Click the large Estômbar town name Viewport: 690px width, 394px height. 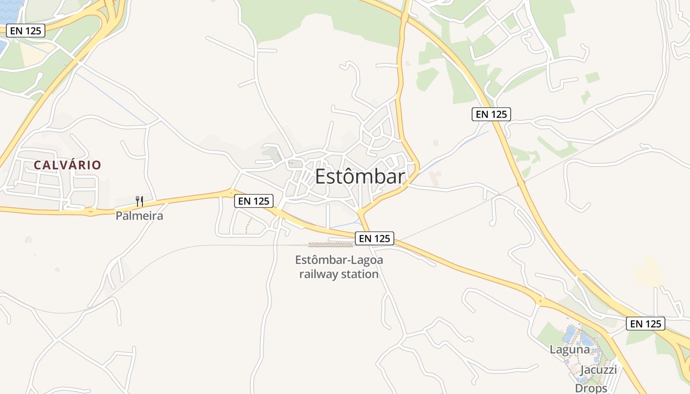(x=360, y=177)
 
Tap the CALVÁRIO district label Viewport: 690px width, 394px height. (x=68, y=165)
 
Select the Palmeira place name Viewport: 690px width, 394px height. (x=139, y=216)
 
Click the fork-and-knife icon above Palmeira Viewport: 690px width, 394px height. (x=139, y=201)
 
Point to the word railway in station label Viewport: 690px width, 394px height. (x=322, y=274)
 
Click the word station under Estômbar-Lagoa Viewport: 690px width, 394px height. (x=362, y=274)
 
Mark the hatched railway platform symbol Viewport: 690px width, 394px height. (x=331, y=244)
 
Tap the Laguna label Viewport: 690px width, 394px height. (x=570, y=350)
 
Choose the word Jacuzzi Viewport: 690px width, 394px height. (x=598, y=370)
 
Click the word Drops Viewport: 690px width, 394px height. (x=591, y=388)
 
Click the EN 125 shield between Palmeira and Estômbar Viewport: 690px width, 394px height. (x=253, y=201)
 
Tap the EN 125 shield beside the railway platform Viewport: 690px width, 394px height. (x=375, y=239)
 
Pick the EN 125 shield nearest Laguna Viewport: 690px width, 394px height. (x=646, y=324)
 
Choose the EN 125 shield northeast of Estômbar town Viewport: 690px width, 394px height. (x=491, y=114)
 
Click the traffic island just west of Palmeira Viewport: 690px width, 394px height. (x=90, y=212)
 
